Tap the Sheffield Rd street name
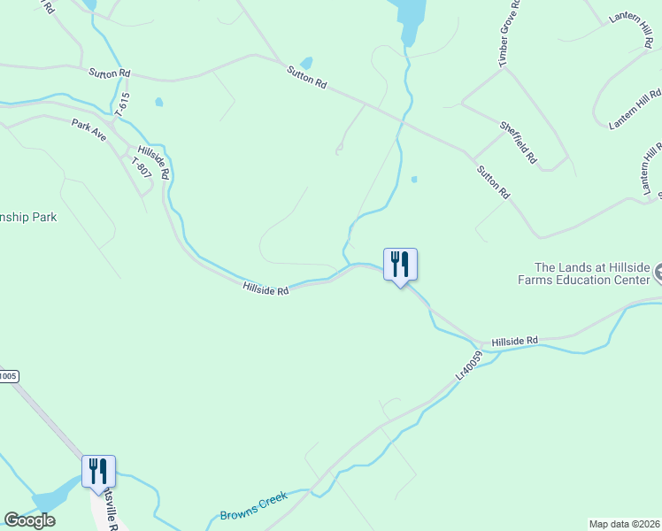click(519, 143)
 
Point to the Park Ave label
click(89, 129)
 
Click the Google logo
click(29, 520)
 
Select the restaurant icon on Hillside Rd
click(400, 264)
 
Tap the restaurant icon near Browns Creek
click(98, 471)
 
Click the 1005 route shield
click(7, 376)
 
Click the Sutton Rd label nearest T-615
click(109, 73)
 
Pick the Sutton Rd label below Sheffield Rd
click(494, 181)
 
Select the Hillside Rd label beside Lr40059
click(515, 341)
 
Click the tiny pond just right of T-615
click(159, 103)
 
